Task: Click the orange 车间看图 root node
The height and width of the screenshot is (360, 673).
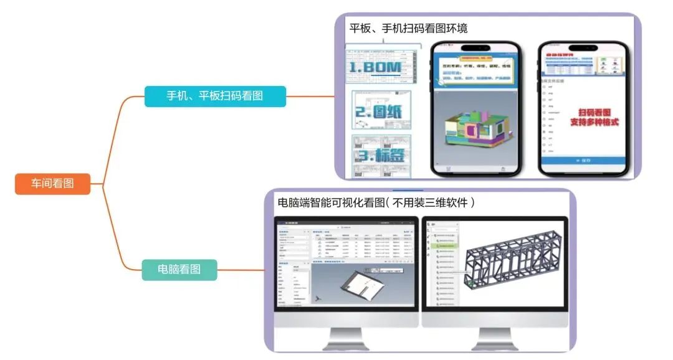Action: click(52, 183)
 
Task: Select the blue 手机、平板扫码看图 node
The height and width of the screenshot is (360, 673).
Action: click(215, 96)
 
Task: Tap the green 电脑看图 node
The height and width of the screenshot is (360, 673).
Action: click(179, 270)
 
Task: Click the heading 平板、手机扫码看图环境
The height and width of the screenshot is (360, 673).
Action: click(408, 29)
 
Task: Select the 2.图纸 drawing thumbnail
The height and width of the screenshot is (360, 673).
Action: click(378, 113)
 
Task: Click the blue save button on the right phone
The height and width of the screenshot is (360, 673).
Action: click(581, 161)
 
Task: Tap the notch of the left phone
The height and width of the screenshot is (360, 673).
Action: click(476, 48)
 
